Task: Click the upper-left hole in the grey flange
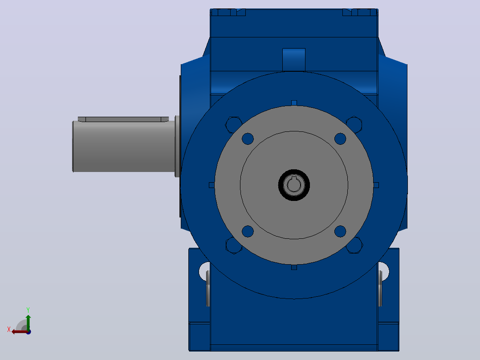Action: [x=248, y=139]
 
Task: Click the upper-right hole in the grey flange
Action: [x=340, y=139]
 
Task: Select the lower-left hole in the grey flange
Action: [x=248, y=231]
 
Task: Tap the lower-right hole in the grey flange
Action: [x=340, y=231]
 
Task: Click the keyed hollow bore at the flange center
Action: [x=294, y=185]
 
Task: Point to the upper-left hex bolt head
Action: [x=233, y=124]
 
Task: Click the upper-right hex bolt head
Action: [x=354, y=124]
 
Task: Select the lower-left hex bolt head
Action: [x=234, y=245]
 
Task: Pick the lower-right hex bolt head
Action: [x=354, y=245]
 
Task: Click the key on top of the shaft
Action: [x=123, y=119]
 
